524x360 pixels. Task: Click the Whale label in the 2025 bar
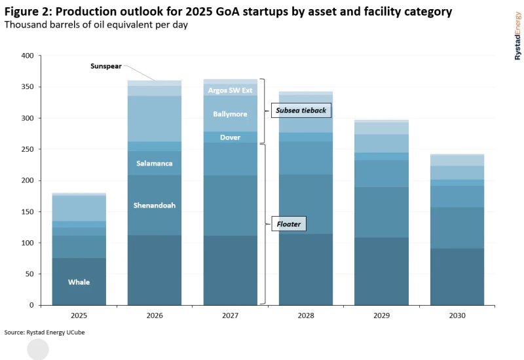pyautogui.click(x=79, y=282)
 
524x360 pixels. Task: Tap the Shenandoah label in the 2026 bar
pyautogui.click(x=155, y=206)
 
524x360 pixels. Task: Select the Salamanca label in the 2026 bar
pyautogui.click(x=155, y=163)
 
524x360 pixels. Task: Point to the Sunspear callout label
pyautogui.click(x=106, y=67)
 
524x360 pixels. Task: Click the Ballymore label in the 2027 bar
pyautogui.click(x=230, y=114)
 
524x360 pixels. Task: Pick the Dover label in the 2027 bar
pyautogui.click(x=230, y=137)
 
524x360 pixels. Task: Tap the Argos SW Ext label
pyautogui.click(x=230, y=90)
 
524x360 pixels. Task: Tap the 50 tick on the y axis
pyautogui.click(x=28, y=274)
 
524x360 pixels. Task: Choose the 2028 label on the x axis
pyautogui.click(x=306, y=315)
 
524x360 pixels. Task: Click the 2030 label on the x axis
pyautogui.click(x=457, y=315)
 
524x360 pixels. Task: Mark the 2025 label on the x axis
pyautogui.click(x=79, y=315)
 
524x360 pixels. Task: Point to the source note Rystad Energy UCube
pyautogui.click(x=45, y=333)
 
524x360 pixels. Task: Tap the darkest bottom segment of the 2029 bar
pyautogui.click(x=381, y=271)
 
